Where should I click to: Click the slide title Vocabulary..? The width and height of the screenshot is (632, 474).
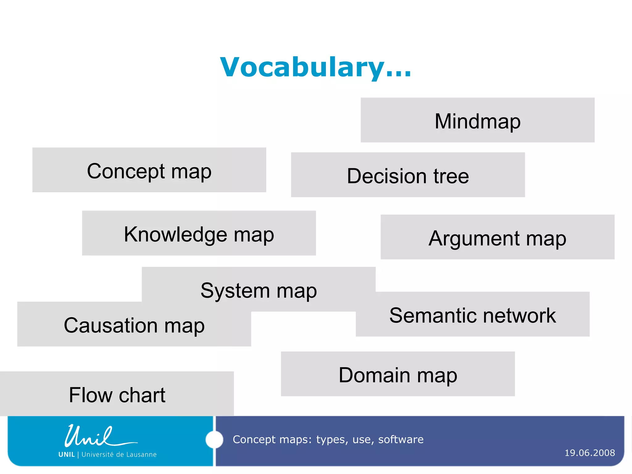pos(315,67)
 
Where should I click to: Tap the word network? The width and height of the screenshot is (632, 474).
pos(519,315)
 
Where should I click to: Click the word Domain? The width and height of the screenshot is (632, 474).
pos(374,375)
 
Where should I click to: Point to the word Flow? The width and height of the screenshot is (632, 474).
pos(90,395)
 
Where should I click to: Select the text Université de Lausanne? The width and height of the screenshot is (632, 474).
pos(119,455)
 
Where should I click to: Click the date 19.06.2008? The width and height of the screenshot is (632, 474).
pos(589,453)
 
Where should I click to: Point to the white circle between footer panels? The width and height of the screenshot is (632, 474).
pos(214,439)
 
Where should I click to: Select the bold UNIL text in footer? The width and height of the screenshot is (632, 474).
pos(66,455)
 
